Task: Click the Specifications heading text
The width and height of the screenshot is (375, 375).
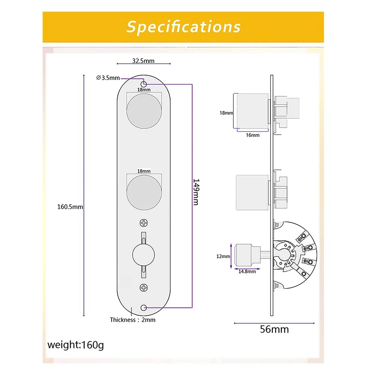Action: pos(183,27)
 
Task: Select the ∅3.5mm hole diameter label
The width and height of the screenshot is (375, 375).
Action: pos(108,78)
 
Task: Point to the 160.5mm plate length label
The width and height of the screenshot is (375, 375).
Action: pos(70,206)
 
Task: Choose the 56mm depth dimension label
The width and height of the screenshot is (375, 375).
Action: pos(274,330)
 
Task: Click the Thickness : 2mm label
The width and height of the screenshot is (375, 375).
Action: pos(132,320)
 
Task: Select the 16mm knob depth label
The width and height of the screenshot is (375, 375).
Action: pos(253,135)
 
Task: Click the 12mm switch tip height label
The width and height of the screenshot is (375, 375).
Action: pos(223,256)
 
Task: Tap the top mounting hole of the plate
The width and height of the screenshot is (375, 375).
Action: pos(143,83)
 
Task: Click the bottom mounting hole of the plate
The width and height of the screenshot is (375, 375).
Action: pos(143,308)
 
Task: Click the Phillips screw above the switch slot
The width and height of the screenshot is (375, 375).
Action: pos(143,223)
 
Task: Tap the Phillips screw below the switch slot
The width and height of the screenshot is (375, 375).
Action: pos(143,288)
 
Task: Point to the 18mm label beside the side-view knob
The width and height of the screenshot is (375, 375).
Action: pos(226,113)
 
